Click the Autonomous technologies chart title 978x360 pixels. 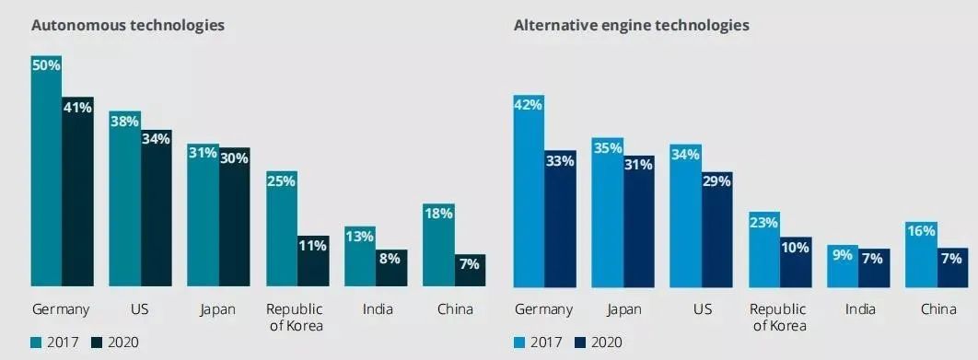pos(128,26)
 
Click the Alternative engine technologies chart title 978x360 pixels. pos(631,26)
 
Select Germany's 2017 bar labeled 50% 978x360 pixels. pos(47,171)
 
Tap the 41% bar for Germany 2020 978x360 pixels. pos(78,192)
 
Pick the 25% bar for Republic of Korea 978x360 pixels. pos(282,228)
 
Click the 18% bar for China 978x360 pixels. pos(438,245)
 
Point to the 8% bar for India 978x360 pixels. pos(391,268)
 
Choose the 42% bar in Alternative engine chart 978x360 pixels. pos(529,191)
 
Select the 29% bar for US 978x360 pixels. pos(717,229)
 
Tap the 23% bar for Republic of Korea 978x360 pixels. pos(764,250)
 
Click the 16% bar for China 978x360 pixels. pos(921,254)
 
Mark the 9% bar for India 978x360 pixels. pos(843,266)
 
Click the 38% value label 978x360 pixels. pos(124,122)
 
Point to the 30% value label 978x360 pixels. pos(234,157)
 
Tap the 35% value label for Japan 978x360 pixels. pos(608,148)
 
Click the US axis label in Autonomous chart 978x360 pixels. pos(140,308)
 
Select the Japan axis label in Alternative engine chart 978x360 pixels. pos(623,309)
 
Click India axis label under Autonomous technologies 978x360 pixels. pos(378,308)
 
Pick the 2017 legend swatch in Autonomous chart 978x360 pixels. pos(36,342)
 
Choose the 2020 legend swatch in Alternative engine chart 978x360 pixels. pos(579,342)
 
